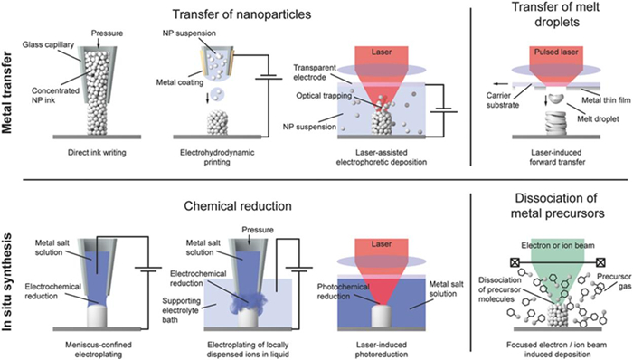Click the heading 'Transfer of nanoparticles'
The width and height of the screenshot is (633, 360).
point(241,14)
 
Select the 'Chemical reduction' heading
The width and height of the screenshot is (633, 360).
point(238,206)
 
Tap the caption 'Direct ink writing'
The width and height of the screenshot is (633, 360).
point(97,153)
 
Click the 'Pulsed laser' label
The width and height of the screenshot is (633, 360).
point(556,52)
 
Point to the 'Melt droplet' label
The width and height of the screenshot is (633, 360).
point(599,119)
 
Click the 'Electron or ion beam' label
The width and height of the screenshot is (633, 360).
point(558,245)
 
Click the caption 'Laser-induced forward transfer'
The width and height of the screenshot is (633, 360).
point(556,157)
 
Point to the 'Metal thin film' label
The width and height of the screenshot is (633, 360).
point(603,100)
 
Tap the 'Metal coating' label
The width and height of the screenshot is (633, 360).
point(180,82)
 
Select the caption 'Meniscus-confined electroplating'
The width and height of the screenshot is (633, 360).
point(99,349)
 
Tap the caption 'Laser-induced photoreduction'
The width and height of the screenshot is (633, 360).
point(382,349)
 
